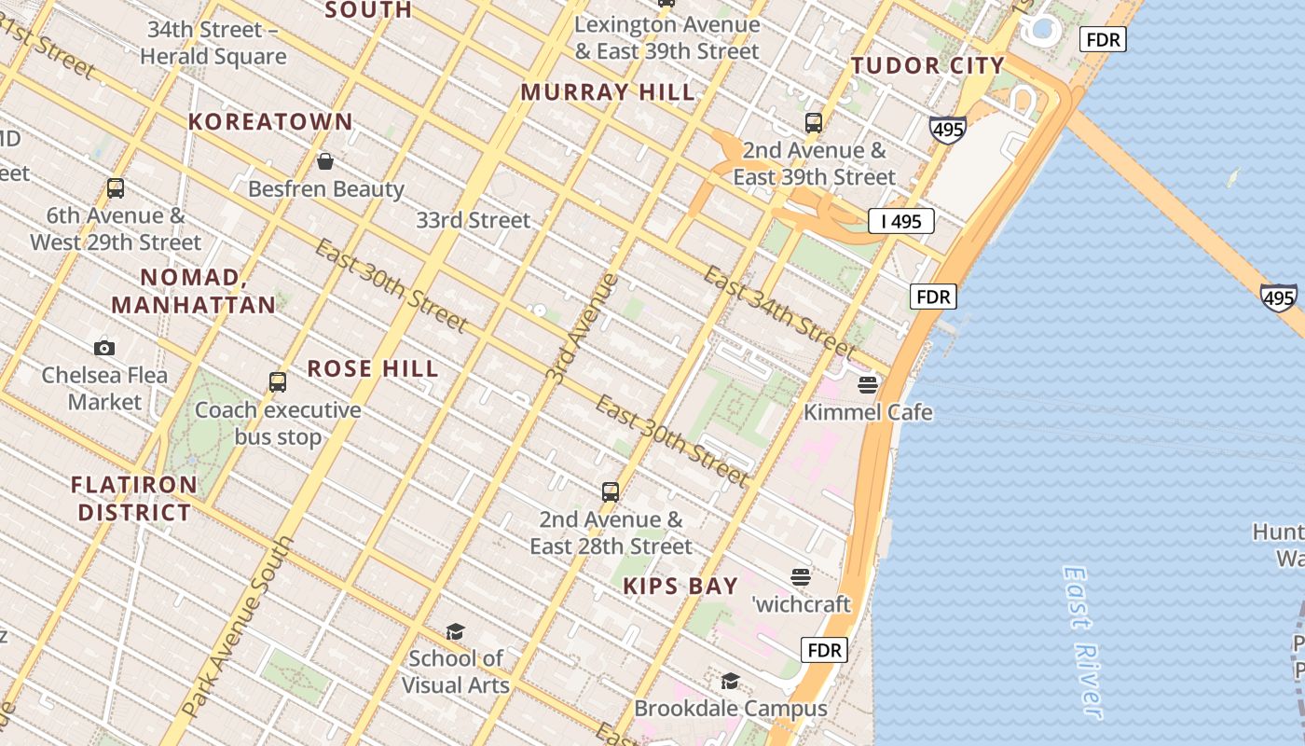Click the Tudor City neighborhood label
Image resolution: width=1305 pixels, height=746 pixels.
click(927, 65)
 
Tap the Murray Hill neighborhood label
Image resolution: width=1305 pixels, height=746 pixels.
click(608, 92)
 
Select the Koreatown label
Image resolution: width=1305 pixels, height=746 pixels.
click(270, 122)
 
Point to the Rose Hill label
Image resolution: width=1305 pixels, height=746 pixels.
click(373, 368)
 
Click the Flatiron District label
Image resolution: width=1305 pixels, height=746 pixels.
click(134, 498)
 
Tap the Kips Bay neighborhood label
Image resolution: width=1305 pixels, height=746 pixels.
click(680, 586)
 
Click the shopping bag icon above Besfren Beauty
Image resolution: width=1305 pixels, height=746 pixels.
click(325, 162)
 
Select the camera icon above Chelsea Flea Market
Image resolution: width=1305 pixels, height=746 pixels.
click(104, 348)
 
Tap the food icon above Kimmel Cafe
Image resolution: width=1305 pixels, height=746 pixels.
click(868, 384)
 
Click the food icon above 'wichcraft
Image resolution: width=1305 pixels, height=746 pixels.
click(801, 576)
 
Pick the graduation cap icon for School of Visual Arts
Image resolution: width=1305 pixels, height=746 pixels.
click(455, 631)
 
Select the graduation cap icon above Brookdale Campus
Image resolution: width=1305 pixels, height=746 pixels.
click(730, 681)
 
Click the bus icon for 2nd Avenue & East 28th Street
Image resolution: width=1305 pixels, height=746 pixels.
click(611, 491)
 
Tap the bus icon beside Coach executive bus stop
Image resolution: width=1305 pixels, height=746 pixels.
click(278, 381)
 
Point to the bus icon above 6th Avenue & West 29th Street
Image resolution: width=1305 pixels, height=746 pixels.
click(116, 188)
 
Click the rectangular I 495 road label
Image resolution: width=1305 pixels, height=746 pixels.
click(901, 221)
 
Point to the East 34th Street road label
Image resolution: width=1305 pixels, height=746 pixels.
click(764, 311)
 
